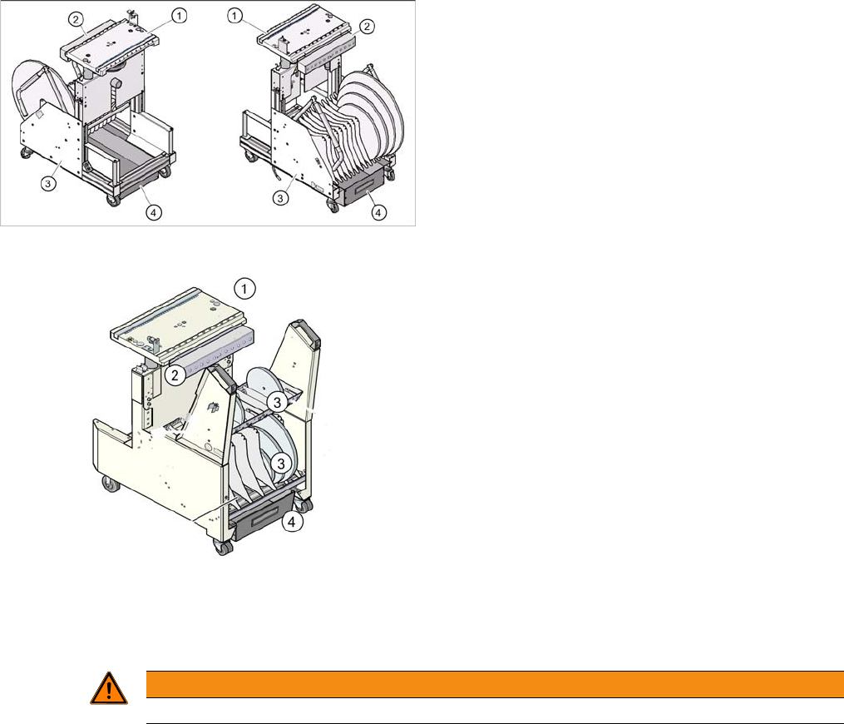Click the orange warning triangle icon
point(109,689)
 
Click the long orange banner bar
point(496,684)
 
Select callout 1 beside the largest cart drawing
point(244,289)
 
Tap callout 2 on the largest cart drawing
point(175,375)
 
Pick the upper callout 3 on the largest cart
point(277,402)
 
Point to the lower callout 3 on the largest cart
point(281,462)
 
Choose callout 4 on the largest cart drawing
point(292,522)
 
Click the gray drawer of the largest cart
point(259,522)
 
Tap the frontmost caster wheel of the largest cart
point(223,548)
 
